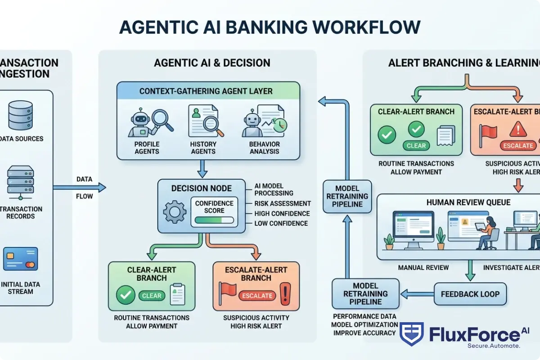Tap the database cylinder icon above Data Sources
[21, 115]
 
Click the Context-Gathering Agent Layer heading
[206, 91]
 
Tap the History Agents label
[203, 148]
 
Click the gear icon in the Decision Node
[174, 212]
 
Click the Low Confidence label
[281, 223]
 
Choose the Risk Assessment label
[282, 203]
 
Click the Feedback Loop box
[470, 294]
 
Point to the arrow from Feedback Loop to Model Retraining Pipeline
[417, 294]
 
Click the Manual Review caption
[423, 268]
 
